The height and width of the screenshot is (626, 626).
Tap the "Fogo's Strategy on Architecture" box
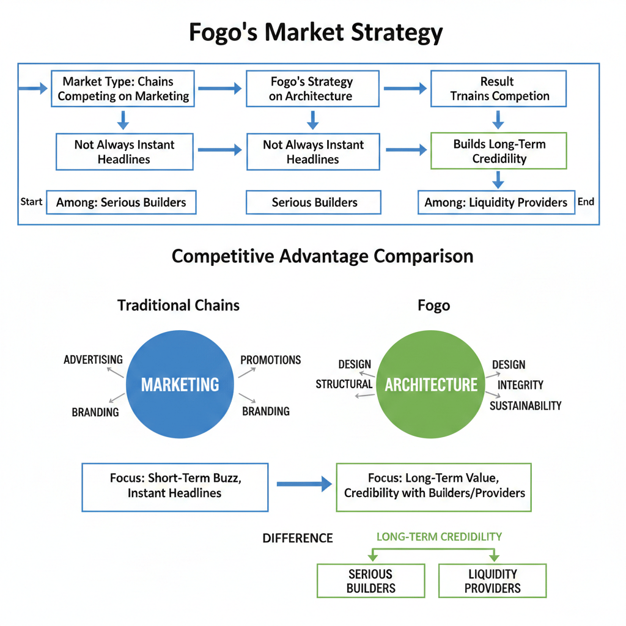click(x=312, y=89)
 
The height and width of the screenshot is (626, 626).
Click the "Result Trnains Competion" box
click(x=499, y=89)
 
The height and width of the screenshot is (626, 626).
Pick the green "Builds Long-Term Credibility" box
click(x=499, y=152)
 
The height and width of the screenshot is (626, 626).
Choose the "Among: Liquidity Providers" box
click(x=496, y=202)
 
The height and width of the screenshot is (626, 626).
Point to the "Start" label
click(x=31, y=202)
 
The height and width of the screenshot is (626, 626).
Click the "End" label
click(x=586, y=202)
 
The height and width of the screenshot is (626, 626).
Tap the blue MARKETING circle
click(x=180, y=385)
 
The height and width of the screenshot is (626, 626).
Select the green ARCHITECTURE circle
click(x=431, y=385)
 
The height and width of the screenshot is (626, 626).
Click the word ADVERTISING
click(x=93, y=359)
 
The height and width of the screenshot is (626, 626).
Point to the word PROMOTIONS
click(x=270, y=360)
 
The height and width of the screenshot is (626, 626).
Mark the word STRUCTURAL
click(x=344, y=384)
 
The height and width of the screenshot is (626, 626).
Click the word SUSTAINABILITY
click(x=525, y=405)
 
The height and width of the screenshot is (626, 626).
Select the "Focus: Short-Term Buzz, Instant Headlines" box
click(x=175, y=487)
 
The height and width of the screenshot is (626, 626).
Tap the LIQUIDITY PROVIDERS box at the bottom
click(x=492, y=581)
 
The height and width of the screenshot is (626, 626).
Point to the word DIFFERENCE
click(x=298, y=538)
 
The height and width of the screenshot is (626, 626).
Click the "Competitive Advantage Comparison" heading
click(x=322, y=256)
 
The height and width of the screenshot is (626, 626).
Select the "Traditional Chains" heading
click(x=179, y=305)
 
